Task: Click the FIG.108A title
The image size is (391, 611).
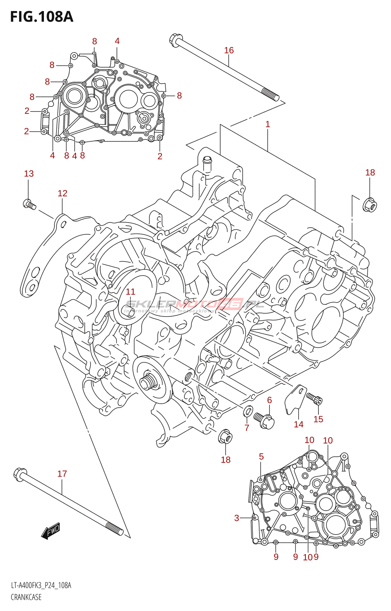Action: point(42,17)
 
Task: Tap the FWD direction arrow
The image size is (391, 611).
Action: point(51,530)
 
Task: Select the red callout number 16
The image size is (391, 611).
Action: point(229,50)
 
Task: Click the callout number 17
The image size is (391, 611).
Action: point(62,474)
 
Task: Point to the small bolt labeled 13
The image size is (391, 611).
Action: point(29,205)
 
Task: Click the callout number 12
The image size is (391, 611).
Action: point(62,193)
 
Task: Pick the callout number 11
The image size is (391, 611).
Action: point(131,292)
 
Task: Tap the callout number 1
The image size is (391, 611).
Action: point(268,124)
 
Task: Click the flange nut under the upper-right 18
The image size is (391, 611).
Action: point(370,205)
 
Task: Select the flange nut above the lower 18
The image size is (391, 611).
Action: point(225,436)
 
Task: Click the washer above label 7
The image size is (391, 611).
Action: point(248,411)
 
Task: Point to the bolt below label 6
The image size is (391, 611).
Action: point(264,420)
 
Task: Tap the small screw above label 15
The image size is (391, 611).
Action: point(315,398)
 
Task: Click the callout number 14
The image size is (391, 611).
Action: point(299,424)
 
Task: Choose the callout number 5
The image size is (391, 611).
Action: point(261,456)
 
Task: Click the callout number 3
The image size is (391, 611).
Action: point(237,518)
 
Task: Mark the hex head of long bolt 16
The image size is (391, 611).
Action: point(176,39)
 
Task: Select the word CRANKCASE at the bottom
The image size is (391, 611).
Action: point(26,597)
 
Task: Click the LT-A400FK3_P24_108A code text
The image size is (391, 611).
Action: point(41,585)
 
